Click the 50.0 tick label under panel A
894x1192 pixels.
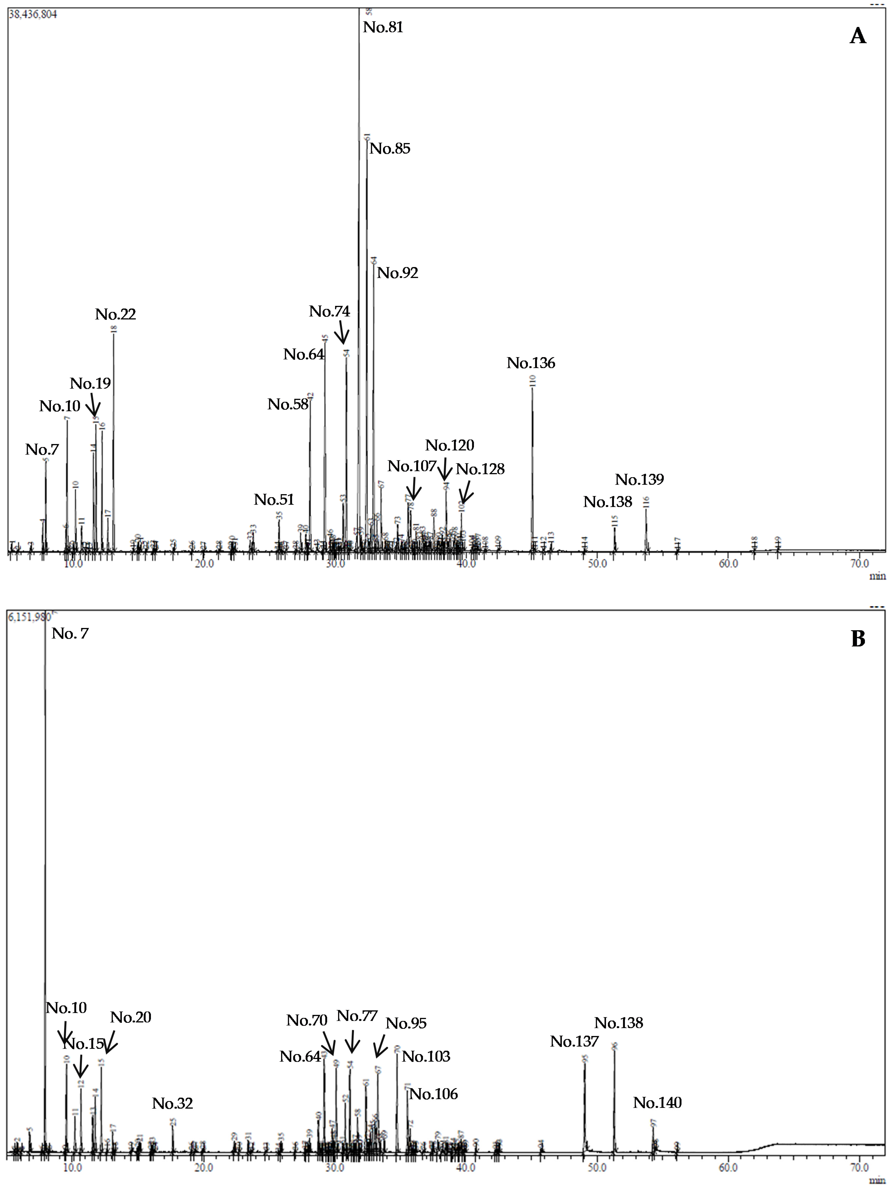click(x=597, y=564)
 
